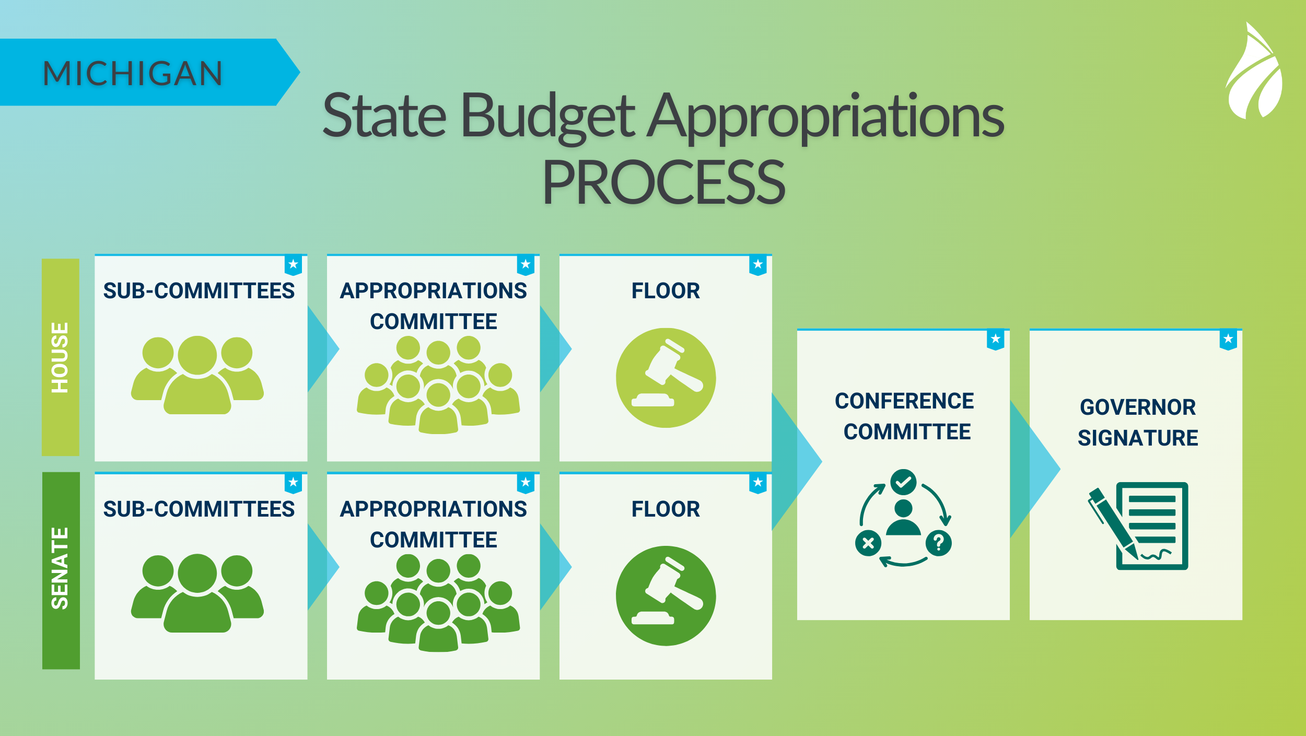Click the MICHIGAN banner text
pyautogui.click(x=133, y=73)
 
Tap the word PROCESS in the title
pyautogui.click(x=663, y=183)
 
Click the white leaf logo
pyautogui.click(x=1254, y=73)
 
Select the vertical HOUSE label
pyautogui.click(x=60, y=357)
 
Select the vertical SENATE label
pyautogui.click(x=61, y=569)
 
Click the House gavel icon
pyautogui.click(x=666, y=378)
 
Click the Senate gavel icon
pyautogui.click(x=666, y=595)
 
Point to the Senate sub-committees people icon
pyautogui.click(x=197, y=593)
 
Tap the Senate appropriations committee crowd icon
pyautogui.click(x=438, y=604)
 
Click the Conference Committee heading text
pyautogui.click(x=905, y=416)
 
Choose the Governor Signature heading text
pyautogui.click(x=1138, y=423)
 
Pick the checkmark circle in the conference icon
pyautogui.click(x=903, y=482)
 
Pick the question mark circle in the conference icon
pyautogui.click(x=939, y=543)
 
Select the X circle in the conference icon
pyautogui.click(x=868, y=543)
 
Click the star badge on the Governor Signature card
pyautogui.click(x=1228, y=340)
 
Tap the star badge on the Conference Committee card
pyautogui.click(x=996, y=340)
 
